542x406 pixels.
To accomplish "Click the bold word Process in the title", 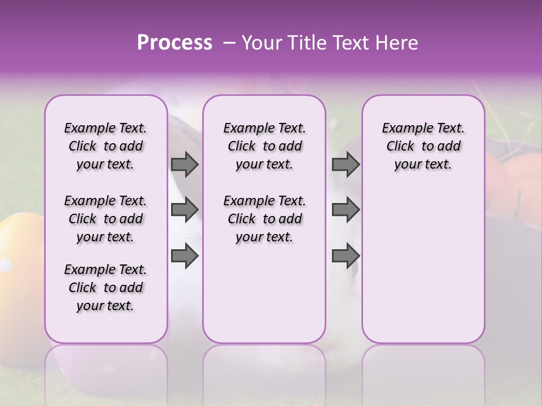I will click(174, 43).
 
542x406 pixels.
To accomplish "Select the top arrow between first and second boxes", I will click(185, 164).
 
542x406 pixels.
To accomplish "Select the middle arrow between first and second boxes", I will click(185, 210).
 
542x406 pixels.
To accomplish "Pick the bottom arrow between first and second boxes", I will click(185, 255).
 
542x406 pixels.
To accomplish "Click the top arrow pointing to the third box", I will click(346, 164).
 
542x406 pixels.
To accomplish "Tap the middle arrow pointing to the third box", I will click(346, 210).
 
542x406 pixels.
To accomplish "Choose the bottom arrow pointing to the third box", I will click(346, 255).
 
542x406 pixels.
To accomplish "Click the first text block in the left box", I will click(106, 146).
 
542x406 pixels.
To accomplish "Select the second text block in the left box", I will click(106, 219).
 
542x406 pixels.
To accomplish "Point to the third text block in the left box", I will click(106, 288).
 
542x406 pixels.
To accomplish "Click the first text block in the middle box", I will click(265, 146).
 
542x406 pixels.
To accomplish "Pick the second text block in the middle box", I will click(265, 219).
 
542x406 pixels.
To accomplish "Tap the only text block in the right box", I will click(423, 146).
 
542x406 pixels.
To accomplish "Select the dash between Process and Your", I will click(229, 43).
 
